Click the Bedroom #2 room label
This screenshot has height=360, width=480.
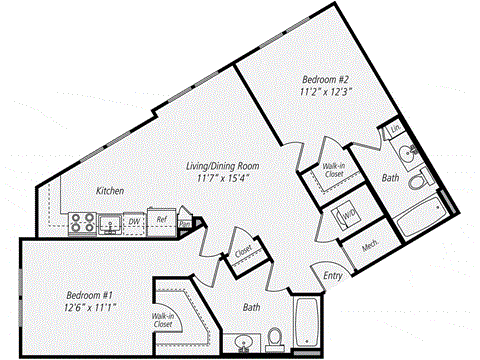327,77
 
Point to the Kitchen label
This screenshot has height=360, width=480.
110,189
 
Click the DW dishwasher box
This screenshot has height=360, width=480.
135,222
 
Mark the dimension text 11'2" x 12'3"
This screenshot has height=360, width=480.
327,92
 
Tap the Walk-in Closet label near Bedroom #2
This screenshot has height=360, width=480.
334,171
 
